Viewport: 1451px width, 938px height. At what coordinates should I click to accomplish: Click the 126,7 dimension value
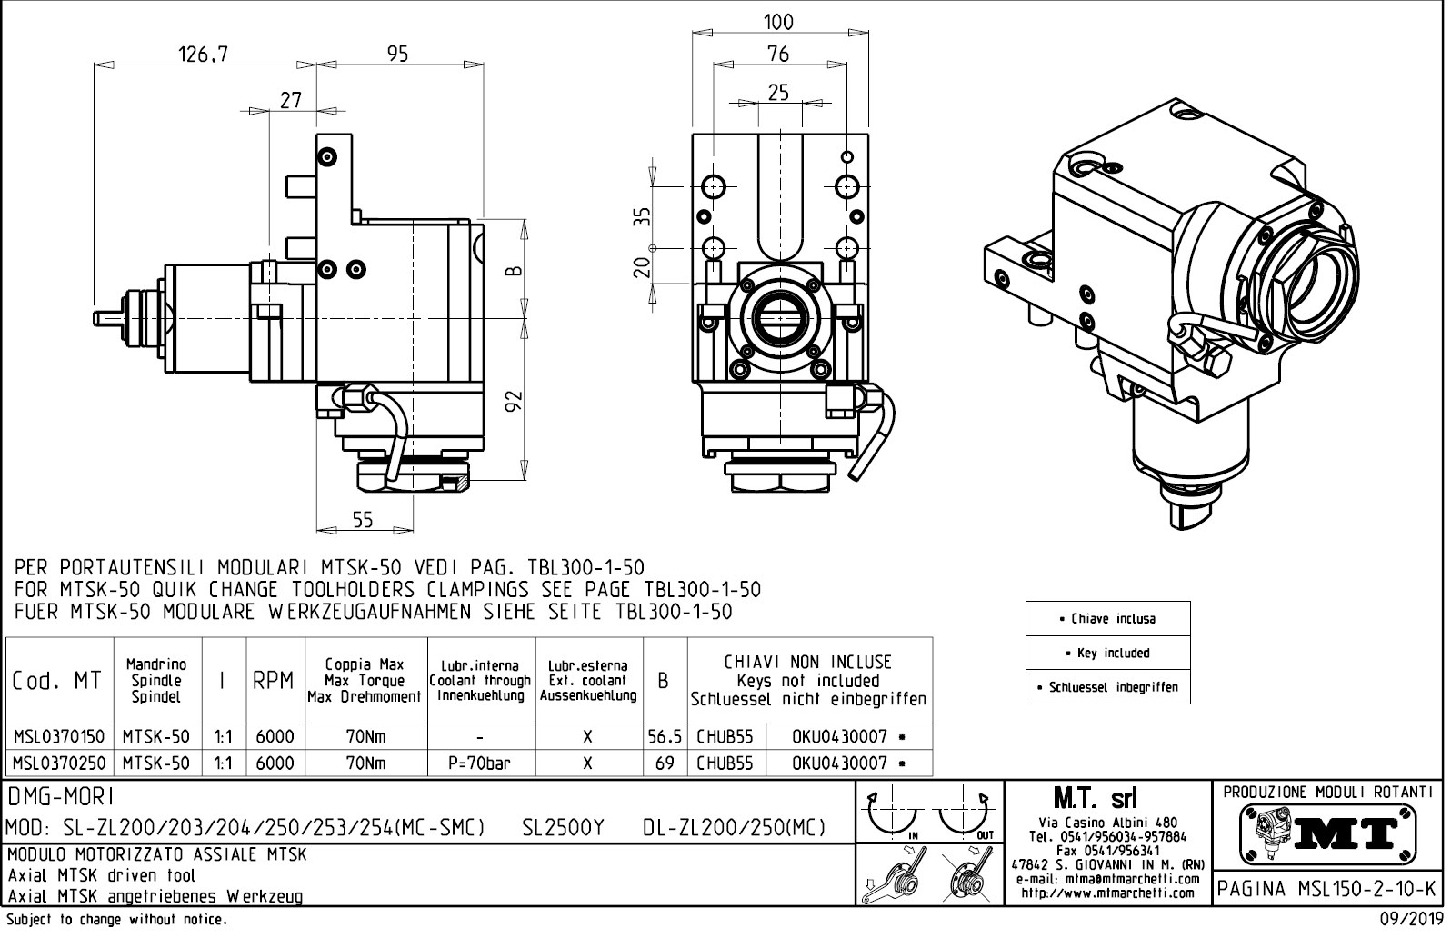203,55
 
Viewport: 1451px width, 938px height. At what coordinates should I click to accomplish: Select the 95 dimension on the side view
397,55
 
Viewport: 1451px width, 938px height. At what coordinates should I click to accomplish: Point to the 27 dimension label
291,100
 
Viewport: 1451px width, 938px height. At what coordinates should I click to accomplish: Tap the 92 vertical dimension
514,401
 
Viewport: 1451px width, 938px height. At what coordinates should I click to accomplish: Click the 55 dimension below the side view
362,520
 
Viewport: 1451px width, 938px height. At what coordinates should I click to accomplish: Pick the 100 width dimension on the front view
778,22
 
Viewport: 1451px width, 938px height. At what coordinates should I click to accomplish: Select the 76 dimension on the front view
778,55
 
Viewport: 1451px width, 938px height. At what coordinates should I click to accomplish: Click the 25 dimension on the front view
778,93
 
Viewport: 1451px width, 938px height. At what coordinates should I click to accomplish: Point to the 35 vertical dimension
643,216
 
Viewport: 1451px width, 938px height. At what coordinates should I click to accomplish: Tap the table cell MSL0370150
59,736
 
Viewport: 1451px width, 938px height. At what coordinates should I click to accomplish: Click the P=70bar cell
479,763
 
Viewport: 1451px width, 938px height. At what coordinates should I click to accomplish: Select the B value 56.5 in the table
665,736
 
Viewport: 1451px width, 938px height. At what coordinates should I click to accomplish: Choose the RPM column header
273,680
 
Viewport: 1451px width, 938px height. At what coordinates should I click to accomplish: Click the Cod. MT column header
58,680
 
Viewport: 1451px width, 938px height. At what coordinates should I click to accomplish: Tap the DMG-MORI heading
61,797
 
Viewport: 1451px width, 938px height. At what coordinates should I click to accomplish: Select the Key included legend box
1107,653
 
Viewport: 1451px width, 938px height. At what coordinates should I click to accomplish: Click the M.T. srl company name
1095,800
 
